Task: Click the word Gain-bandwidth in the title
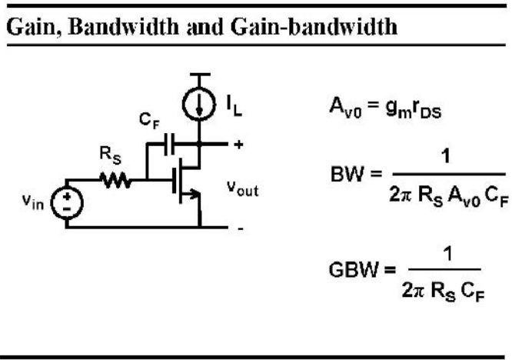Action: click(314, 27)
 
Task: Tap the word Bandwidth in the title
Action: click(124, 26)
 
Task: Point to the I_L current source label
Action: click(234, 106)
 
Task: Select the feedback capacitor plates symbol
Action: click(169, 144)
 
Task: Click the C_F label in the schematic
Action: click(149, 122)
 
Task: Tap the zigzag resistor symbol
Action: click(116, 180)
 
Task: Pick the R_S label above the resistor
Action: click(111, 156)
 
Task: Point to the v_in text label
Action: click(33, 202)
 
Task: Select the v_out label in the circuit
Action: click(243, 188)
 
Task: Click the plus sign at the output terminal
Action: click(238, 145)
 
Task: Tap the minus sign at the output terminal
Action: click(241, 228)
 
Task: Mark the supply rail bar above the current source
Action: click(200, 75)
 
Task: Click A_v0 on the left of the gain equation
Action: click(345, 108)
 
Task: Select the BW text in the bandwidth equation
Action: click(347, 174)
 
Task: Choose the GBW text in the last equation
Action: click(353, 270)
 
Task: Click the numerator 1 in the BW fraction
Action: click(446, 156)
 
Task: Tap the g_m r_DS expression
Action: click(414, 108)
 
